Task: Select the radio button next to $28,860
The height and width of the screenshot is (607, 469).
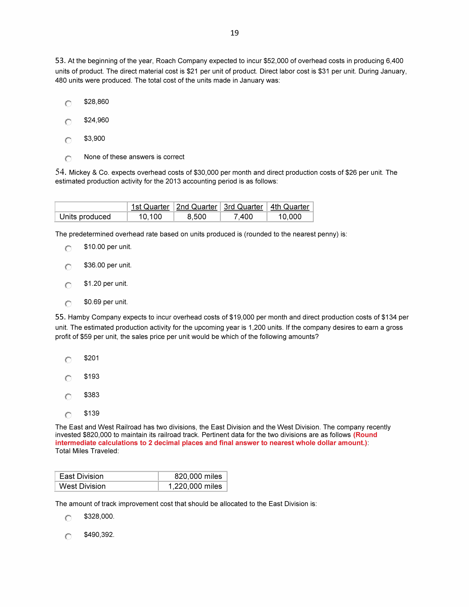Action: pos(68,103)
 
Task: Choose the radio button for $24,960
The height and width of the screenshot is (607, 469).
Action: pos(68,122)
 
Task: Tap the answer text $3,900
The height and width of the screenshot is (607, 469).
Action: pos(94,138)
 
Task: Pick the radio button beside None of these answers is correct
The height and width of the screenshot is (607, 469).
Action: pos(68,158)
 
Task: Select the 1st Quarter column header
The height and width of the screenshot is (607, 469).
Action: pos(150,207)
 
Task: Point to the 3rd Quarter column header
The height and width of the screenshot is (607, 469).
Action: pos(243,207)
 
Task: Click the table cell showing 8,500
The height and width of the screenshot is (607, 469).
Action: pos(197,217)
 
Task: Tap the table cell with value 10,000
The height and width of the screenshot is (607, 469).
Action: pos(290,217)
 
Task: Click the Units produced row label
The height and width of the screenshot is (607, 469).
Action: pos(85,217)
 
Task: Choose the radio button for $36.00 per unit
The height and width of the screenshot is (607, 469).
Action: pos(68,267)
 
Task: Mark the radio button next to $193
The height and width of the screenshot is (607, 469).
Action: pos(68,378)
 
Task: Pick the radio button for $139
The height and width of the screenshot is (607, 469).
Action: pos(68,415)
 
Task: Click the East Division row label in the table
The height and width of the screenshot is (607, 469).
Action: pos(81,476)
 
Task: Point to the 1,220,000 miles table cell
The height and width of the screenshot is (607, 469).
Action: pos(195,486)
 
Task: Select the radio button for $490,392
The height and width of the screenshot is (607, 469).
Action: pos(68,536)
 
